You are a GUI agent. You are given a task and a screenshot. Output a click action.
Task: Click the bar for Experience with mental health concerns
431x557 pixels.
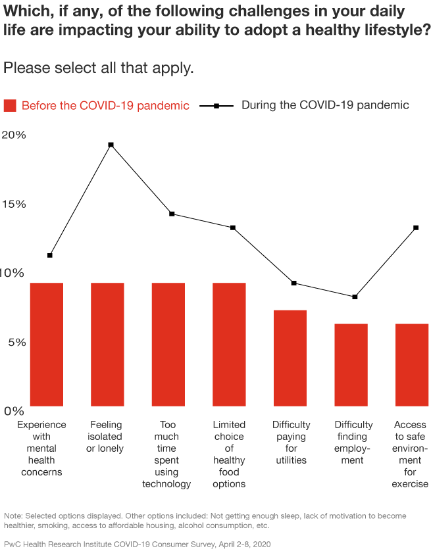click(46, 344)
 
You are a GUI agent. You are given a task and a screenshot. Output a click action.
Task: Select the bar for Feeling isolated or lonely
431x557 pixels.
click(107, 344)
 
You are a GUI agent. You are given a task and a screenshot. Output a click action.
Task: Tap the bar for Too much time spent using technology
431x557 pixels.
click(168, 344)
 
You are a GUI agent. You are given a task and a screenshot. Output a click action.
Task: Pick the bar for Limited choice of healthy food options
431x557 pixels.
click(229, 344)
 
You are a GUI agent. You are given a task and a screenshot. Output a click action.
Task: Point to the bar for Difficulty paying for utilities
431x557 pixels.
click(290, 358)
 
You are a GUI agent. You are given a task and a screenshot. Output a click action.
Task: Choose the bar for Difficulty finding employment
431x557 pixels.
click(351, 364)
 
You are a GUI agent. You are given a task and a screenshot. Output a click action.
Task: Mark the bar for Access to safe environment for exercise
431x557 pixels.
click(412, 364)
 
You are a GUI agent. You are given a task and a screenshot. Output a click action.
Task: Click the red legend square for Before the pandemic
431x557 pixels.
click(10, 106)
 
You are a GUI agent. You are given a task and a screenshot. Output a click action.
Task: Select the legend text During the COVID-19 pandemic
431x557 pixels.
click(325, 105)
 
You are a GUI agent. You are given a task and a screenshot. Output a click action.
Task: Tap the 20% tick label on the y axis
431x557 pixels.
click(14, 135)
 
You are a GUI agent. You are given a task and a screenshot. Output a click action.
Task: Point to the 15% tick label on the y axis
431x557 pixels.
click(14, 204)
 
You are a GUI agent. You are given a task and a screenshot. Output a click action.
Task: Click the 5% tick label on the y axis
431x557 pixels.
click(14, 342)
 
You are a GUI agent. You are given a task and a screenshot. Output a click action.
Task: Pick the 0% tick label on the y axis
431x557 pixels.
click(14, 411)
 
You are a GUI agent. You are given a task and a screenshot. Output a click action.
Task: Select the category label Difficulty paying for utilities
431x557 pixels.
click(291, 443)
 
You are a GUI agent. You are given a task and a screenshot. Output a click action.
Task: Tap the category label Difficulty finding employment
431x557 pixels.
click(353, 443)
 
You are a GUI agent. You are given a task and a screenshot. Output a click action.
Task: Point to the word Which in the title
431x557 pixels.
click(24, 11)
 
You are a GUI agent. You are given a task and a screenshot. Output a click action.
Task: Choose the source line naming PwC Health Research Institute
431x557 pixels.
click(138, 545)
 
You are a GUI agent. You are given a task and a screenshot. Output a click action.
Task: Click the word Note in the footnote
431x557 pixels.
click(13, 516)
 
